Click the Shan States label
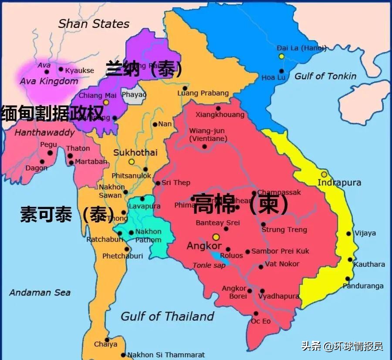click(x=94, y=24)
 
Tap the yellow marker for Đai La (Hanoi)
click(x=282, y=56)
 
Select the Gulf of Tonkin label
click(x=325, y=76)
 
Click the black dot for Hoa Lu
click(x=282, y=71)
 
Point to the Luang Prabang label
click(x=203, y=93)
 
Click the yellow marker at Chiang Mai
click(x=105, y=102)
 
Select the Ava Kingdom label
click(x=49, y=81)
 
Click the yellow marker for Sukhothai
click(x=132, y=161)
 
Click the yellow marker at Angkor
click(x=216, y=237)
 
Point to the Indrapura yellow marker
click(x=324, y=174)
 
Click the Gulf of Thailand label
click(x=167, y=316)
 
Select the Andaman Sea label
click(x=40, y=293)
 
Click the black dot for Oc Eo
click(x=256, y=313)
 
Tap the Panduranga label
click(x=363, y=286)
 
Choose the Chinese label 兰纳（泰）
click(x=144, y=68)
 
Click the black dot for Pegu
click(x=50, y=153)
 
